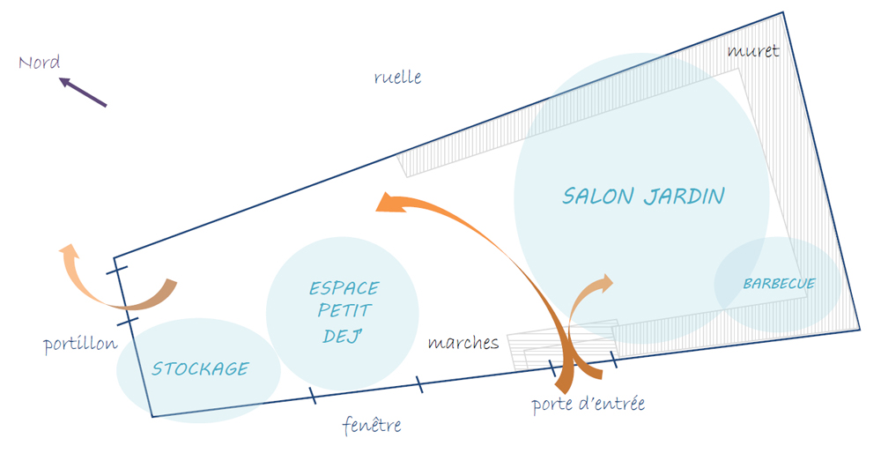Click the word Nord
pos(40,63)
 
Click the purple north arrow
pos(83,93)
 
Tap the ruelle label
pos(397,78)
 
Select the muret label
pos(753,51)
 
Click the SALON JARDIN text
pos(643,196)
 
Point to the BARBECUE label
pos(779,284)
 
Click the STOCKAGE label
pos(200,369)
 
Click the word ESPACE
pos(344,288)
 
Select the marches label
pos(463,343)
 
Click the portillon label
pos(80,344)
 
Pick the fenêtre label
pos(372,426)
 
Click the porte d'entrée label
pos(588,405)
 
